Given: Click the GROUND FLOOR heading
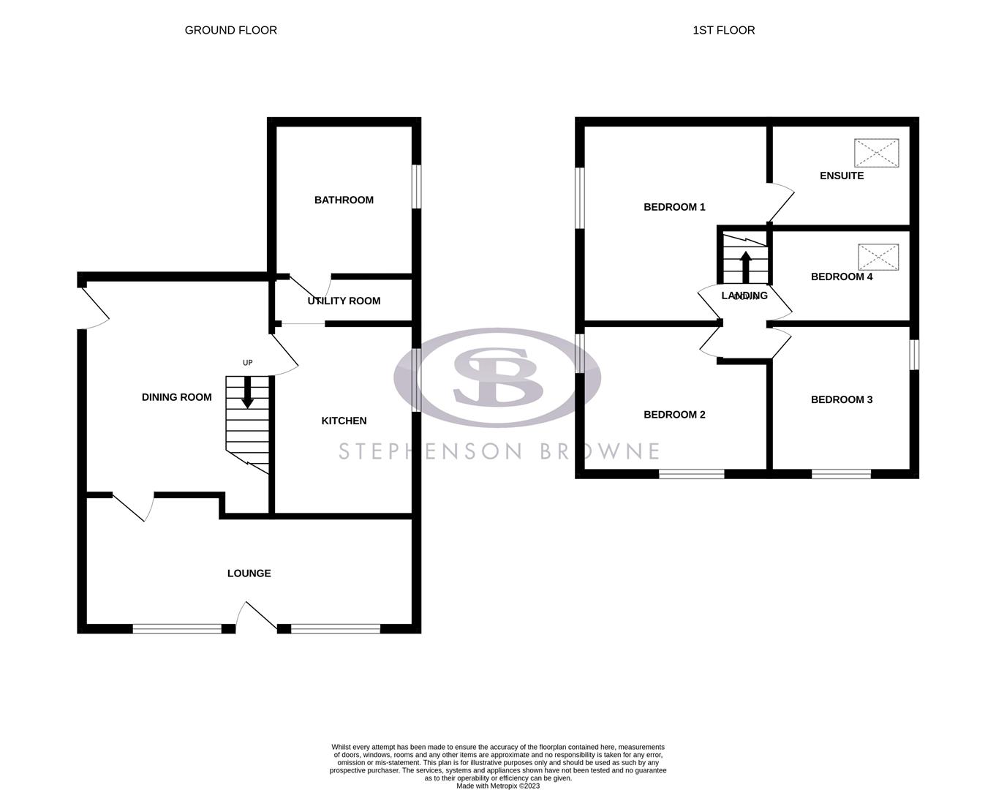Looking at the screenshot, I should (x=230, y=30).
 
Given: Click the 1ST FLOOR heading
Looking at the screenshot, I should (x=723, y=30).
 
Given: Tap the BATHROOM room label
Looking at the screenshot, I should (x=344, y=200).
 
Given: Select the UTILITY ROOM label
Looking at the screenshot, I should (x=344, y=301).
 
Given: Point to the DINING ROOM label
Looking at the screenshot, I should (x=176, y=397).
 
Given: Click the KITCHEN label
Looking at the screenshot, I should (x=344, y=421).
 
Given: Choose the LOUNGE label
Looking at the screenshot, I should (x=249, y=573).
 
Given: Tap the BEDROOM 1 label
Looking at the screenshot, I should (x=674, y=207).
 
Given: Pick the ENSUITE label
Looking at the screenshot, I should (x=842, y=176).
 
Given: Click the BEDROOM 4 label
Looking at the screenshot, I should (x=842, y=276).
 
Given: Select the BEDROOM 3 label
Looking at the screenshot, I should (x=842, y=399).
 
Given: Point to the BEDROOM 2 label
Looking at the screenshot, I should (x=674, y=415).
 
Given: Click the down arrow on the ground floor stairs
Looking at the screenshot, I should (x=248, y=393).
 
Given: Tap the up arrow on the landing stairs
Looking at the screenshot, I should (x=745, y=266).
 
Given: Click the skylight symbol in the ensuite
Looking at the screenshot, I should (x=876, y=153).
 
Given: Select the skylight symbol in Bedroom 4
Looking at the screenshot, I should (x=878, y=257).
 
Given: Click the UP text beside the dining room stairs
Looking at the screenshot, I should (x=248, y=363).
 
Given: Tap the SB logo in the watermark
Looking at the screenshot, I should (x=497, y=377).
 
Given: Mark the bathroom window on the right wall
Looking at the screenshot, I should (x=416, y=187).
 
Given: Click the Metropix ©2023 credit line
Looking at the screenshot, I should (x=498, y=786).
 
